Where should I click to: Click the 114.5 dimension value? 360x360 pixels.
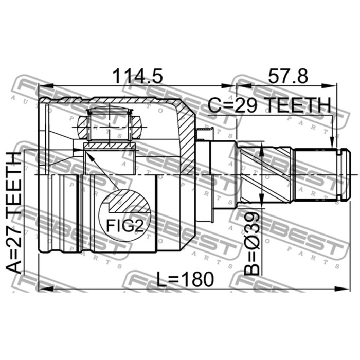pyautogui.click(x=137, y=76)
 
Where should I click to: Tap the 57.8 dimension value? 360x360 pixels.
pyautogui.click(x=288, y=76)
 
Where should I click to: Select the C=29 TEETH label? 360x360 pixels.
pyautogui.click(x=269, y=105)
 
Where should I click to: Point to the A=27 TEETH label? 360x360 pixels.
pyautogui.click(x=14, y=212)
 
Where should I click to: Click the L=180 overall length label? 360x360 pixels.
pyautogui.click(x=185, y=279)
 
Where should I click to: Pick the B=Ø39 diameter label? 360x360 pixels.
pyautogui.click(x=252, y=243)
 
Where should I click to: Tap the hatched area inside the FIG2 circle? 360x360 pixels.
pyautogui.click(x=129, y=202)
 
